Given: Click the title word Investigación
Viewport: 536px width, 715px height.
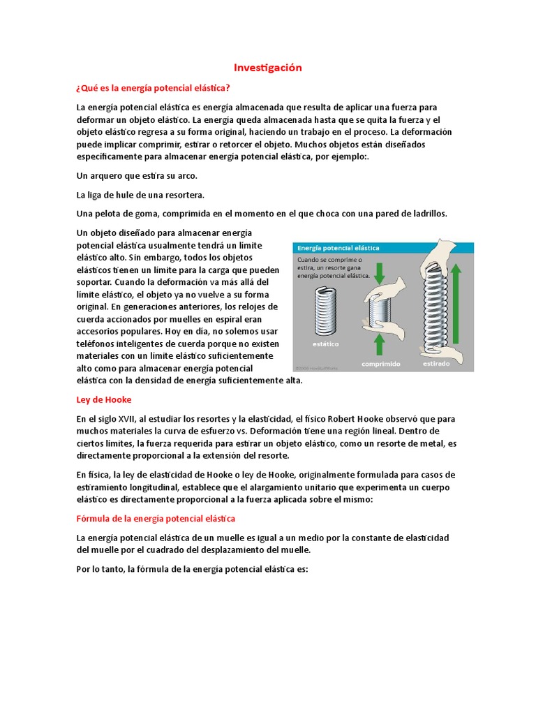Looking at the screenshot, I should tap(267, 68).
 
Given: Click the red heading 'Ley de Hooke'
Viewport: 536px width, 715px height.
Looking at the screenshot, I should tap(103, 400).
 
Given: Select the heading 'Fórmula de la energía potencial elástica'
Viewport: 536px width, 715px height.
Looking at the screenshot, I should tap(156, 519).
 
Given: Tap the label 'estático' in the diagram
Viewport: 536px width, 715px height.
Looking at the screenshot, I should tap(323, 344).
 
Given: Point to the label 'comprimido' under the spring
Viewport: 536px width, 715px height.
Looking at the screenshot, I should tap(380, 364).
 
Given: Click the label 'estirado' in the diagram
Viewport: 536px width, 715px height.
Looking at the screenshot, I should tap(436, 364).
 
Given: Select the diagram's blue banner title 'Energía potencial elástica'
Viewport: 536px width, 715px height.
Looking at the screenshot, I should tap(338, 248).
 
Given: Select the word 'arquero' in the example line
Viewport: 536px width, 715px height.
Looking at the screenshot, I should tap(106, 175).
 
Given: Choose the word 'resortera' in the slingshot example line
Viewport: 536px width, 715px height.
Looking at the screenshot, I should tap(184, 194).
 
